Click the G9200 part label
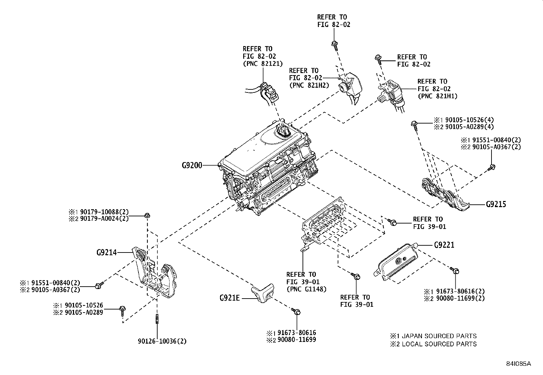coord(192,165)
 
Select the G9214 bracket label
coord(106,253)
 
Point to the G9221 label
coord(444,245)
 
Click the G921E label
coord(230,298)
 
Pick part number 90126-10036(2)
coord(162,341)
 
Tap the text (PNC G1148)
coord(306,289)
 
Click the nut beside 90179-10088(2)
coord(147,215)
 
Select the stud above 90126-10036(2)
coord(157,320)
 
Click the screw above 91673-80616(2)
coord(455,271)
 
